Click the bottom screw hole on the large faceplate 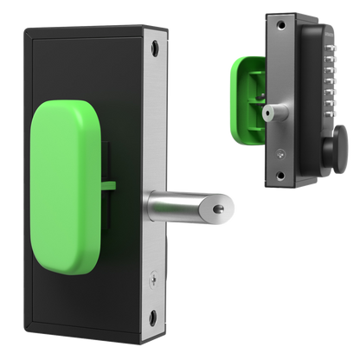[152, 315]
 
